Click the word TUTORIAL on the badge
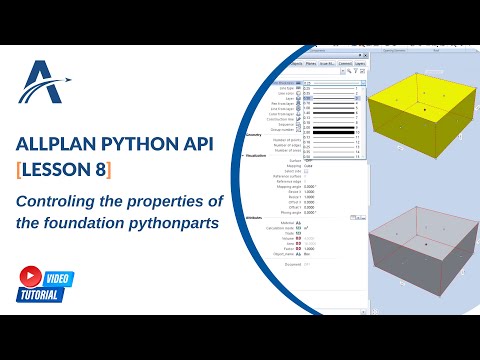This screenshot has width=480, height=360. (x=40, y=295)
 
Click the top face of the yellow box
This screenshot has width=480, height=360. (x=424, y=101)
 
